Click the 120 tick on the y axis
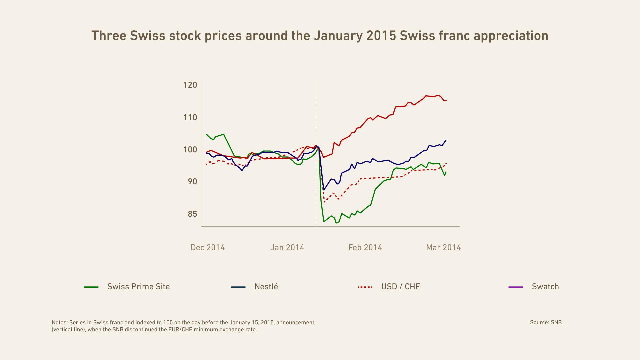click(190, 85)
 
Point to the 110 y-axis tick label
click(190, 117)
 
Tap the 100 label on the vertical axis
click(190, 150)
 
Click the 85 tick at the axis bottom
click(192, 214)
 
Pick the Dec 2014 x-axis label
click(207, 248)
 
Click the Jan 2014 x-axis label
click(287, 248)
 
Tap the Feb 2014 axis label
click(365, 248)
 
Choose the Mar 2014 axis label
click(443, 248)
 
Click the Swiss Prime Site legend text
click(138, 287)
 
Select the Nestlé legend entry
click(266, 287)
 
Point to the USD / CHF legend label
click(400, 287)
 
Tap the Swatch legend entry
click(545, 287)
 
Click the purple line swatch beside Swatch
click(516, 287)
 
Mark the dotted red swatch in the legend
click(365, 287)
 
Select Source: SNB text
click(546, 322)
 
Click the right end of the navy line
click(446, 140)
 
